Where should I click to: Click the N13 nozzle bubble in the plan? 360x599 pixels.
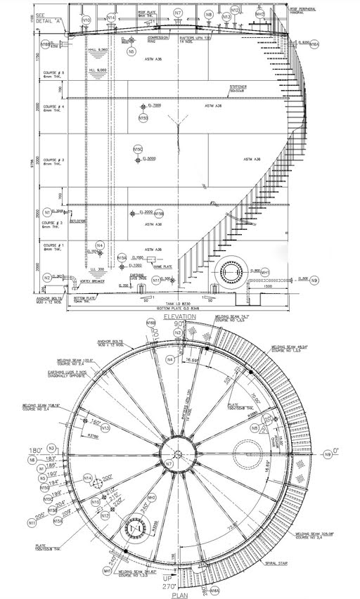[x=105, y=427]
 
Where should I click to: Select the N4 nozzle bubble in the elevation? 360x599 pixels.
[x=101, y=245]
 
